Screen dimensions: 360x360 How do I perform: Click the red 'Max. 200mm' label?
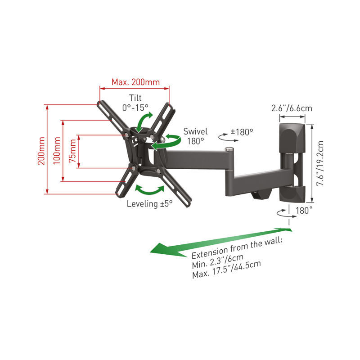coord(136,82)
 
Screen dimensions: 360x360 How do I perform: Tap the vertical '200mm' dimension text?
coord(41,151)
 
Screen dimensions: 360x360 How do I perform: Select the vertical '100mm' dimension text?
coord(57,151)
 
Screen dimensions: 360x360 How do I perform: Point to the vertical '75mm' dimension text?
coord(72,151)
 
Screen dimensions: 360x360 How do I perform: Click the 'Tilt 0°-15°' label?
coord(135,103)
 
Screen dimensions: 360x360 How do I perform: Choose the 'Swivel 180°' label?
coord(195,136)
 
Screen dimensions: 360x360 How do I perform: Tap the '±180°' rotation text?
coord(242,132)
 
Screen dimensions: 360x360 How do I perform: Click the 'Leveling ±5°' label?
coord(150,204)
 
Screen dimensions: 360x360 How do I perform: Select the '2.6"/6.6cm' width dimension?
coord(292,108)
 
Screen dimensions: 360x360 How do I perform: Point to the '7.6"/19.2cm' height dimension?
coord(320,163)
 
